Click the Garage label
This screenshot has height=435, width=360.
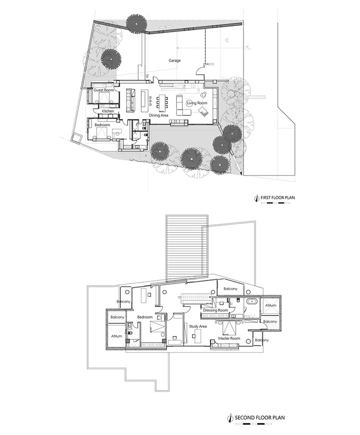[x=175, y=60]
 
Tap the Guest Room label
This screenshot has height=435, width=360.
[x=104, y=90]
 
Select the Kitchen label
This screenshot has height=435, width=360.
[x=107, y=111]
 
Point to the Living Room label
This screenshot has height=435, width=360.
[x=197, y=103]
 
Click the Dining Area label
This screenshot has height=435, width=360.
[x=159, y=115]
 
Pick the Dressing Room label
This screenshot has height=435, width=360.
[x=215, y=310]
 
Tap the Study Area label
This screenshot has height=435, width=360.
[x=198, y=326]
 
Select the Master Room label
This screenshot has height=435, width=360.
[x=229, y=339]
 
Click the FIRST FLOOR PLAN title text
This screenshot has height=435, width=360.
[x=277, y=197]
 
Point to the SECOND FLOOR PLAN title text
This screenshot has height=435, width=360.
[x=260, y=417]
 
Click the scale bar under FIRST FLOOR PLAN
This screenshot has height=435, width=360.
[x=276, y=203]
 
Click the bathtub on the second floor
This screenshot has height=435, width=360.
[x=252, y=301]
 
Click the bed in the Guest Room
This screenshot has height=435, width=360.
[x=105, y=98]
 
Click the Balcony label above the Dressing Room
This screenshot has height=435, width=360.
[x=230, y=288]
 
